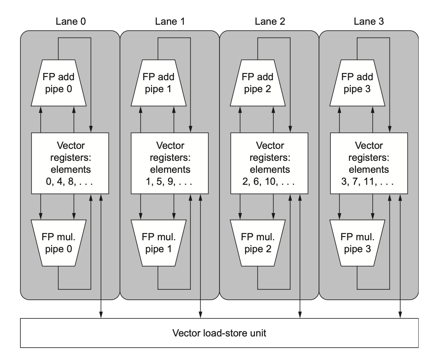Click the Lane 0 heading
pyautogui.click(x=70, y=22)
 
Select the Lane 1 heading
pyautogui.click(x=170, y=22)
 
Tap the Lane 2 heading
pyautogui.click(x=269, y=22)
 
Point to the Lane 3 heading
pyautogui.click(x=369, y=22)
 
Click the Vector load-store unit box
pyautogui.click(x=219, y=332)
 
